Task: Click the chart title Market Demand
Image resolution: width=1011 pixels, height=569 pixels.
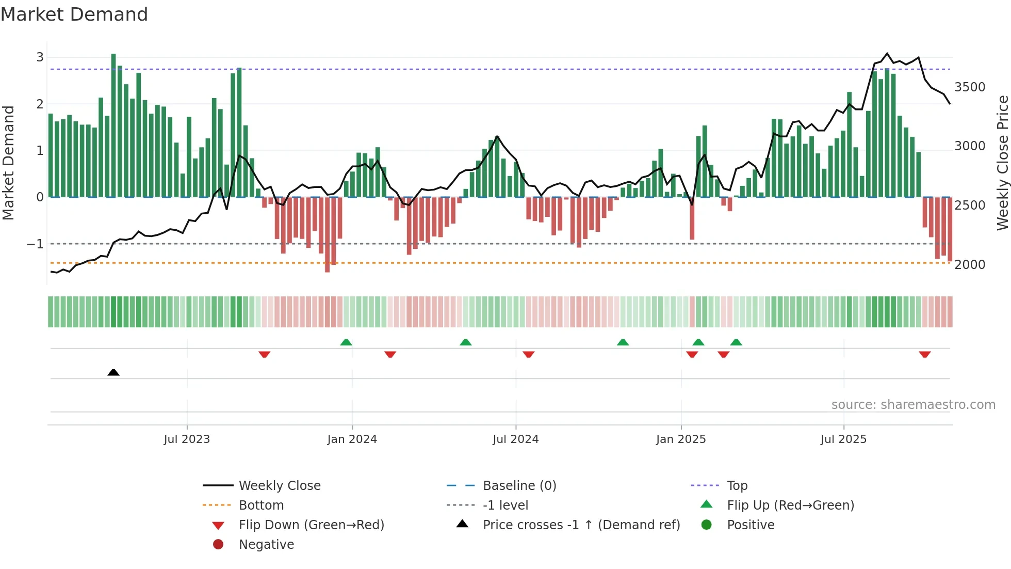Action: pos(74,14)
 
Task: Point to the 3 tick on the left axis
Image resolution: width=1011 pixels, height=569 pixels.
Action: pos(40,57)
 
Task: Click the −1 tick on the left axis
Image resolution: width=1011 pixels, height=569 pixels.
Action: pos(35,244)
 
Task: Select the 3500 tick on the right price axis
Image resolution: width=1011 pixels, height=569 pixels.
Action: pos(970,87)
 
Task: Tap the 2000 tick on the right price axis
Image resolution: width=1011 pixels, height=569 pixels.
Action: pos(970,265)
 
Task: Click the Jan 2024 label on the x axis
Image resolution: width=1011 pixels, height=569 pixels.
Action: pos(352,439)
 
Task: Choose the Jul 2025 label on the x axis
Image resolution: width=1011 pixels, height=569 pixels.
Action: pos(843,439)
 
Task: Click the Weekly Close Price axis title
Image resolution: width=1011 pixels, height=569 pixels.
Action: pos(1002,163)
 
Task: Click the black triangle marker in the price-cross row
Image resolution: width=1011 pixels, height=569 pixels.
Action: pos(113,372)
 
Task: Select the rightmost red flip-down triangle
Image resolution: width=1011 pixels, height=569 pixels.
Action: pos(924,354)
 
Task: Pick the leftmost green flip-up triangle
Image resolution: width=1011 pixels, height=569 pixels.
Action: pos(346,342)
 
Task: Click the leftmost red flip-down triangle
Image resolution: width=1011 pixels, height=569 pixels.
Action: pos(264,354)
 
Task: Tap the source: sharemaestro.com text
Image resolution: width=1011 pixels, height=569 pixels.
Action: pos(913,405)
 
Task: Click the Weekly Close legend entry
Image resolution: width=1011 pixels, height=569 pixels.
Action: pos(279,486)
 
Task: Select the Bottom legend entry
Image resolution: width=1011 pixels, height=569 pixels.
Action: pos(261,505)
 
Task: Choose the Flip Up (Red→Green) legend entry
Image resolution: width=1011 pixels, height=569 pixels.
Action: pos(790,505)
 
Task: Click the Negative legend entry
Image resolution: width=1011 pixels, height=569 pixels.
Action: pos(266,545)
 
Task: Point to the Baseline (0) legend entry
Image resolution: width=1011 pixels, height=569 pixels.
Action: pos(519,486)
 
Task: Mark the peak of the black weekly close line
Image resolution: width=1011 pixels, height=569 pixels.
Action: pos(887,53)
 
